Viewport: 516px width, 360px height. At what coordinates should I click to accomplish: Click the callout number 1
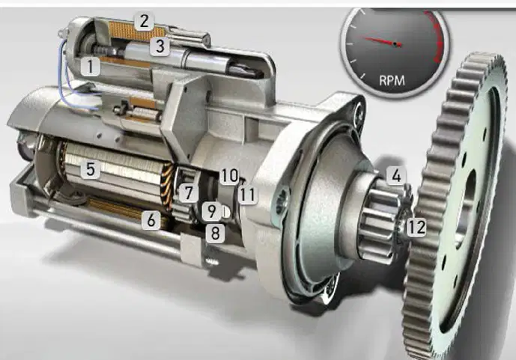coord(90,66)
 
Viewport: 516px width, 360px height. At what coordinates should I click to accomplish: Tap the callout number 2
coord(144,22)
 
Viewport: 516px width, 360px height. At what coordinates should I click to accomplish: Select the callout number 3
coord(160,46)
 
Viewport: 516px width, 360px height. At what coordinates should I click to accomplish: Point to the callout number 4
coord(396,175)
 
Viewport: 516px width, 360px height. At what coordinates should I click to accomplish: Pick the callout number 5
coord(91,169)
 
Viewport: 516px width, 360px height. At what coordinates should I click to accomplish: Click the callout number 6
coord(151,219)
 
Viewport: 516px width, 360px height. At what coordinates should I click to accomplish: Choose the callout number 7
coord(188,192)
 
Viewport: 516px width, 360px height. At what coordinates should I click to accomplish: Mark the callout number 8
coord(215,234)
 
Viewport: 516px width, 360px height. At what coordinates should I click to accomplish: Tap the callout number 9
coord(211,211)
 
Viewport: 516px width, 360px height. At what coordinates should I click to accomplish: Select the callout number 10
coord(229,176)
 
